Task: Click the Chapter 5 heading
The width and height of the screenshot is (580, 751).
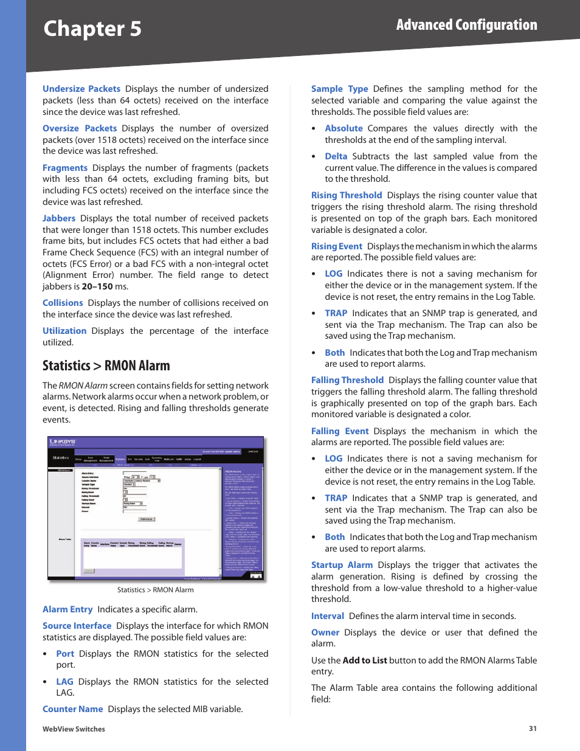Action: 92,29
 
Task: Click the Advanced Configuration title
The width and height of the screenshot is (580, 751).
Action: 466,25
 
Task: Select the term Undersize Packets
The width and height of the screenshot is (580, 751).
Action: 81,89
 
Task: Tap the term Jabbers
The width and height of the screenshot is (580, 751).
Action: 59,218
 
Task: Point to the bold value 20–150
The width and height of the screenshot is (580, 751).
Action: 97,286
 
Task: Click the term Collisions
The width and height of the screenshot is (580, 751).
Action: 63,303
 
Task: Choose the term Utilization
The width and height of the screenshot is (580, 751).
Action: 64,331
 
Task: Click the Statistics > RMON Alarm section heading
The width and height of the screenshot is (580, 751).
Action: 106,365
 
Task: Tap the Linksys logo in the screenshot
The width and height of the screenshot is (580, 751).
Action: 62,442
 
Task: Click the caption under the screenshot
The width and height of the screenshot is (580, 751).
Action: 156,590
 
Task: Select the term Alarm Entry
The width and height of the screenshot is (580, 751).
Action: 67,609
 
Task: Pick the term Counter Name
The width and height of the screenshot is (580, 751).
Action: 73,709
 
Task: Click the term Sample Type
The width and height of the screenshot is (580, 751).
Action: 339,89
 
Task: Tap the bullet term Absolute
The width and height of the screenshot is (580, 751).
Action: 344,128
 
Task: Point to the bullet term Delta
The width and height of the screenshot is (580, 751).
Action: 336,156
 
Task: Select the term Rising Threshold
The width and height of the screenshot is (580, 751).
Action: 347,195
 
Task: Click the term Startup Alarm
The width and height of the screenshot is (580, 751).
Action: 342,565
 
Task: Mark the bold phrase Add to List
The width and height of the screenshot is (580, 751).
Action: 365,660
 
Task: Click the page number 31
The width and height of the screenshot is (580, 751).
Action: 533,729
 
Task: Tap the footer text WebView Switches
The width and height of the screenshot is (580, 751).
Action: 74,729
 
